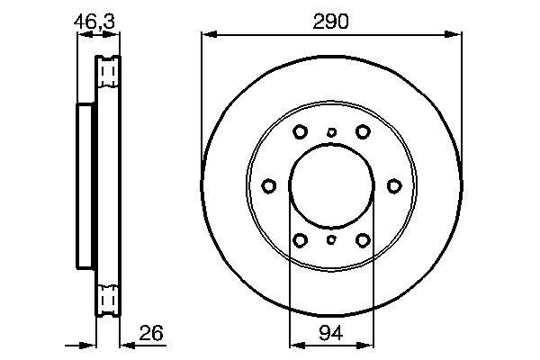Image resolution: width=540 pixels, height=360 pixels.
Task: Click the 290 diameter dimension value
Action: [330, 22]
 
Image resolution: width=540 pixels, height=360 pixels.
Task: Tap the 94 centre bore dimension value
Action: [331, 333]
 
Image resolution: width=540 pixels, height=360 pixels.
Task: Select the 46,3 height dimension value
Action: [94, 22]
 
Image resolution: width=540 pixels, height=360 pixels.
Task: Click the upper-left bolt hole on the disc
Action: [300, 131]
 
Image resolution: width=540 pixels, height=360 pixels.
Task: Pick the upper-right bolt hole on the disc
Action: [363, 131]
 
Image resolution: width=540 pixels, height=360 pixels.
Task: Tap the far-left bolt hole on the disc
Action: [268, 186]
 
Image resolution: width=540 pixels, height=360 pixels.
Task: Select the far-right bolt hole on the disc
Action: [394, 186]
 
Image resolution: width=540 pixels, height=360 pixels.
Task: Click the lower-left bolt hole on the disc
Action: [300, 240]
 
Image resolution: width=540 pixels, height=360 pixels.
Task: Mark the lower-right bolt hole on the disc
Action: [363, 240]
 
